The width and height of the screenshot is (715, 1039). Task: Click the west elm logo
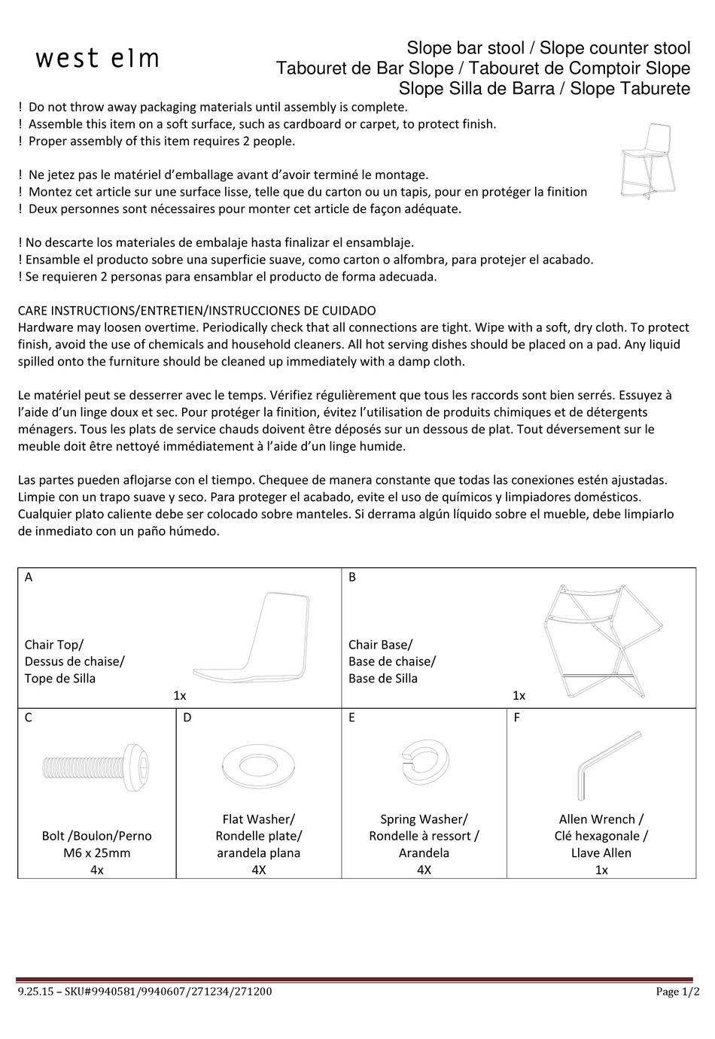point(98,59)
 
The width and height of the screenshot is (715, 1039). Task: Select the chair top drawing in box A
point(252,636)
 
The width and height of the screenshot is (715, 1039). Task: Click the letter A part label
point(29,577)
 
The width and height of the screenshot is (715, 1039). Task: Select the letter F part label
point(517,717)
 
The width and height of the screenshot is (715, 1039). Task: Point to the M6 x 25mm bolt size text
point(96,852)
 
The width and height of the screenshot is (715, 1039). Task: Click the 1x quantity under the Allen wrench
point(601,870)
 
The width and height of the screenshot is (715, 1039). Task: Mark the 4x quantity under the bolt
point(96,870)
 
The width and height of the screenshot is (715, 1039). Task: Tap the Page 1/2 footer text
point(672,992)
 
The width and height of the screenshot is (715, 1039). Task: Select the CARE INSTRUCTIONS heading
point(196,310)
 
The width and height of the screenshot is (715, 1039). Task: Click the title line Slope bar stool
point(465,48)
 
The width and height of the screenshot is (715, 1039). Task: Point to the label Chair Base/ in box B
point(380,644)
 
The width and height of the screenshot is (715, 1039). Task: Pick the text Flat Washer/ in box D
point(258,819)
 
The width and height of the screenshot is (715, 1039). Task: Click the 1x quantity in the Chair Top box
point(180,695)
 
